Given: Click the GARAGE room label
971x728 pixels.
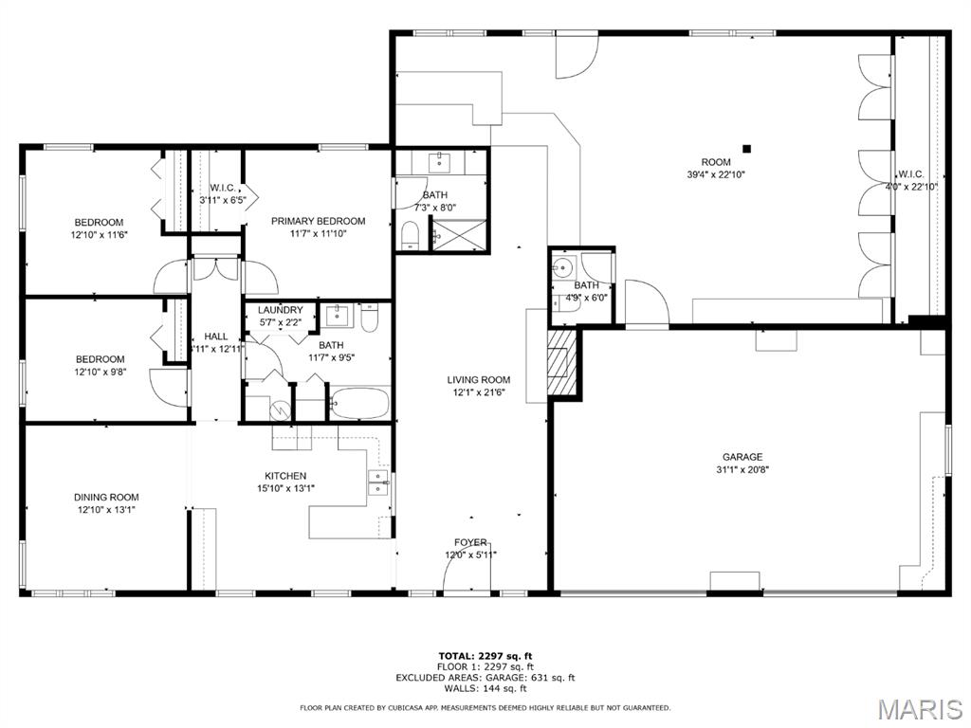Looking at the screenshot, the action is [x=742, y=457].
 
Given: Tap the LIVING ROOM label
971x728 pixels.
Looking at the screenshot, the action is [x=479, y=379].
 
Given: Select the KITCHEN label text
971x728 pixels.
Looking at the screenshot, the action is [x=285, y=476].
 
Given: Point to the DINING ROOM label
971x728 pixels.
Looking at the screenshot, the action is [x=106, y=497].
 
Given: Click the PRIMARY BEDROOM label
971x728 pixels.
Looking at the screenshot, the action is [x=319, y=221].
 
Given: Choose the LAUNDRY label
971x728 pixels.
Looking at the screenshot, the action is [x=281, y=310].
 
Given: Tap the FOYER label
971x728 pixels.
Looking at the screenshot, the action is [x=470, y=542].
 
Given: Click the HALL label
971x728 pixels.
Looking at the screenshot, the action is [x=215, y=337].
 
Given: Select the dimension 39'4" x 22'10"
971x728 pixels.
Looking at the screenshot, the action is [x=716, y=174].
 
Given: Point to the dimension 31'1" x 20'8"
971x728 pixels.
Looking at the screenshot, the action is [x=742, y=470].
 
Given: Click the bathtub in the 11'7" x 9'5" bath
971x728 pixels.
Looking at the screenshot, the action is [x=359, y=404].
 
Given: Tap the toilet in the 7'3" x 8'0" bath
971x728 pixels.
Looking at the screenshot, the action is [x=410, y=236].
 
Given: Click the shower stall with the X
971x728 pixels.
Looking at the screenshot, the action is [x=459, y=235].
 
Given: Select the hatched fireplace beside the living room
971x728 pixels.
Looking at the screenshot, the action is [x=561, y=362].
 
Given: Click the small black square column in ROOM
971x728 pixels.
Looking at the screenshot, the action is [x=747, y=149].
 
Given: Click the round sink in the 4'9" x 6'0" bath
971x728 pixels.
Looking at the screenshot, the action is [x=564, y=268].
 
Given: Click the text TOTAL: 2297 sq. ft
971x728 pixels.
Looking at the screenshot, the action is [x=485, y=656].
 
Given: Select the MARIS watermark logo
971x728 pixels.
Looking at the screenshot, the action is [x=920, y=709].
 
